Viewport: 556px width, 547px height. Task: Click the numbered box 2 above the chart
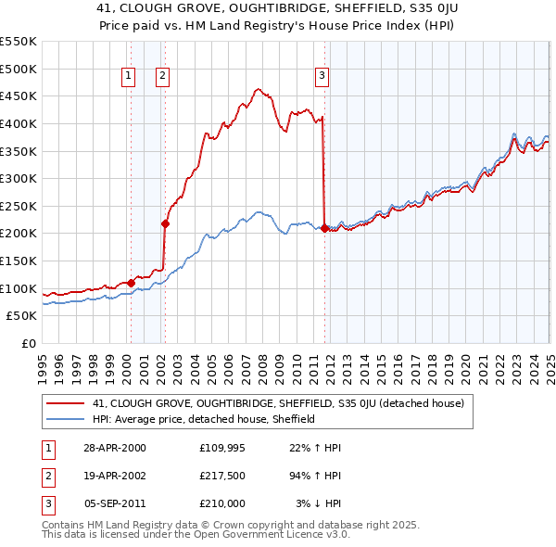pos(162,77)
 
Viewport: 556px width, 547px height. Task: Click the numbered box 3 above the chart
pos(322,77)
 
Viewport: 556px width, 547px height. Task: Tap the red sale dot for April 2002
pos(165,223)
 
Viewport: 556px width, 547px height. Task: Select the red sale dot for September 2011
pos(324,228)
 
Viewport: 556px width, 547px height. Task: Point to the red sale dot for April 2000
pos(132,282)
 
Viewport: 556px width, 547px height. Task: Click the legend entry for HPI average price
pos(204,419)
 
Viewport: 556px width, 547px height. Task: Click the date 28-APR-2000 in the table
pos(115,448)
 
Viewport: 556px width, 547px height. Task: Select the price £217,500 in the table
pos(222,476)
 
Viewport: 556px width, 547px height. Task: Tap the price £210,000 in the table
pos(222,503)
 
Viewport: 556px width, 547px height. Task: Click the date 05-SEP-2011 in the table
pos(115,503)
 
